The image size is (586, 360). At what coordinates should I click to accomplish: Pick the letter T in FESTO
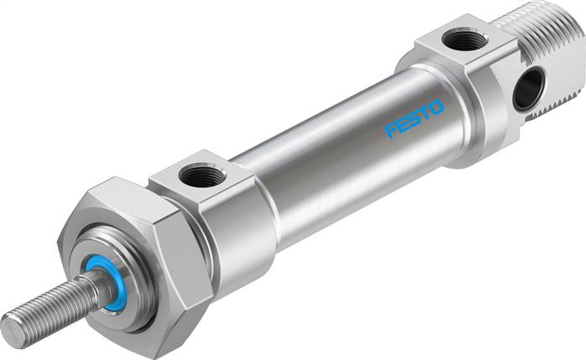(425, 114)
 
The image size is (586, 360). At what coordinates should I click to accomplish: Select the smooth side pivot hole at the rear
(529, 89)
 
